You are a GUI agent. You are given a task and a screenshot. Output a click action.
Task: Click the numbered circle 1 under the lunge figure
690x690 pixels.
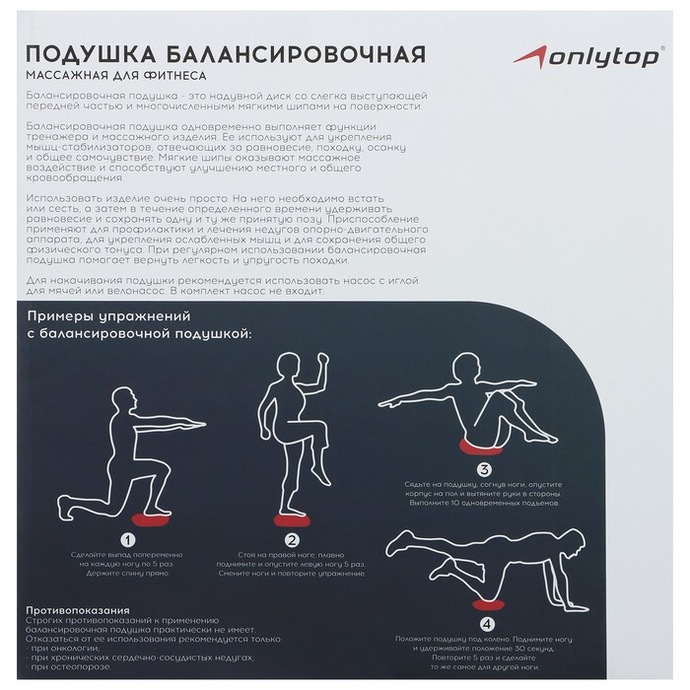(127, 539)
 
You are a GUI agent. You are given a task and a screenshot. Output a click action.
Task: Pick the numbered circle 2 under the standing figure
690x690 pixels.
(292, 539)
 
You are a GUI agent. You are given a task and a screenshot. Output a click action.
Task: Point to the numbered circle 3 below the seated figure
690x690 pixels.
(482, 470)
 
